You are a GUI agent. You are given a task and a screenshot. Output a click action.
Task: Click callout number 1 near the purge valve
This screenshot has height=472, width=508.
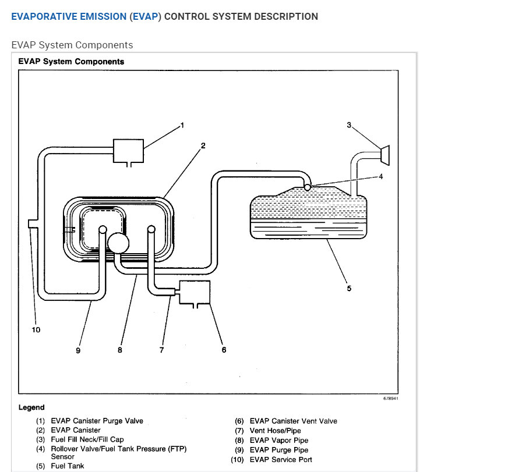182,125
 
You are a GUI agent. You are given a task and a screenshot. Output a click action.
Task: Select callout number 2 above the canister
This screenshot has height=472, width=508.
203,145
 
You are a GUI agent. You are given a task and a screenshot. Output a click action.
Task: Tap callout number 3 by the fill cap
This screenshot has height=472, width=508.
349,125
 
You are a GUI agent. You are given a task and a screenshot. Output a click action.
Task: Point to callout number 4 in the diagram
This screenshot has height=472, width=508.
381,176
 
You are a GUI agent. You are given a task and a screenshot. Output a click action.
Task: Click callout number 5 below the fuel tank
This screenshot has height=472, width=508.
349,288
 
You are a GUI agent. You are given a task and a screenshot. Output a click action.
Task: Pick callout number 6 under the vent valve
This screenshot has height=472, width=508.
224,350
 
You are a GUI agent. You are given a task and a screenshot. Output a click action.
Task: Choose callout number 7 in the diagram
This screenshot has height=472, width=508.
161,350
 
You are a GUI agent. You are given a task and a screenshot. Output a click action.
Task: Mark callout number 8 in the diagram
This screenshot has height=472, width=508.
119,350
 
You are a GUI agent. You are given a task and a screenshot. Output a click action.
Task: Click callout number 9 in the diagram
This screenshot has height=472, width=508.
77,350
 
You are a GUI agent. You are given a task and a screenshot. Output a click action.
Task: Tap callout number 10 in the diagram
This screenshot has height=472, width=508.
36,330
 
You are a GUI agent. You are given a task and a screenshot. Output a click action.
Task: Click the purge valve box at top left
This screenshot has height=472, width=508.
128,150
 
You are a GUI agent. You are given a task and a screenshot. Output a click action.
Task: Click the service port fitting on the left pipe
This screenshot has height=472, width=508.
32,224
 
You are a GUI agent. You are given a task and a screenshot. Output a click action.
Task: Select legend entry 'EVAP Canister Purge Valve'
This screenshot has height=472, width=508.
97,421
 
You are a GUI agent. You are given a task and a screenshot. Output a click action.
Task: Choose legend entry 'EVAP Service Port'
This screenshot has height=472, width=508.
281,460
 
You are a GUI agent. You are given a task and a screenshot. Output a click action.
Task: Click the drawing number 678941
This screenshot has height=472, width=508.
391,399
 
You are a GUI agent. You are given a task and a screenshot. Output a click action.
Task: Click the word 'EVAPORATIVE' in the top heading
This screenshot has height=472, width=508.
44,17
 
